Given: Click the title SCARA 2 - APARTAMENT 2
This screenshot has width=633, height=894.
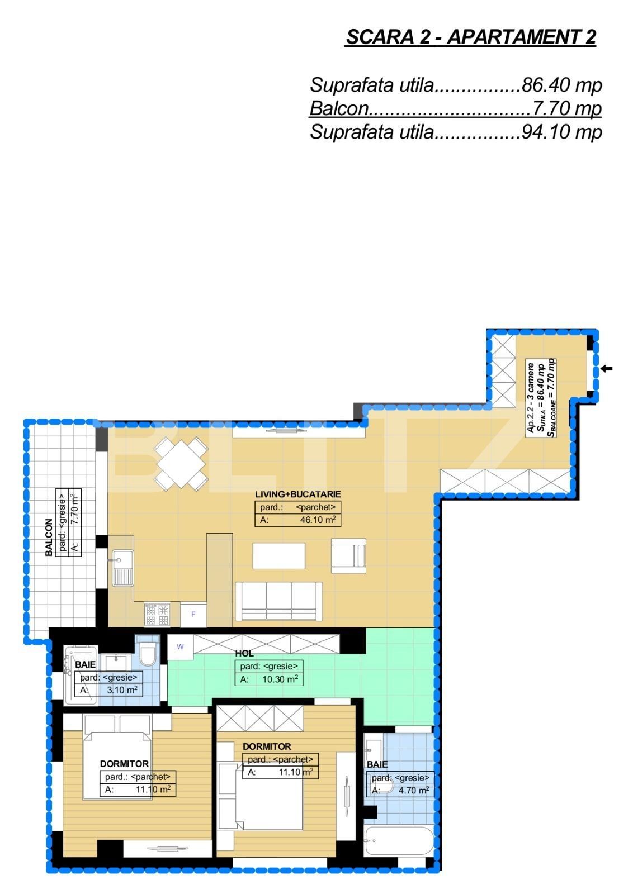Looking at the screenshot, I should [471, 37].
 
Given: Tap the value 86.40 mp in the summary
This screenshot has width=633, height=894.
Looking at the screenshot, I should [561, 85].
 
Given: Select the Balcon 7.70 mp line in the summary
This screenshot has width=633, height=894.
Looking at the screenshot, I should [455, 108].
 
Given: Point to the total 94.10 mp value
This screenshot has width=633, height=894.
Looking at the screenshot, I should [561, 132].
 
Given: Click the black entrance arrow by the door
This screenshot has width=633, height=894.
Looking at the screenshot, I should [607, 369].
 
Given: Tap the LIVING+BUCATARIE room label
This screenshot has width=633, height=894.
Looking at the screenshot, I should [297, 494].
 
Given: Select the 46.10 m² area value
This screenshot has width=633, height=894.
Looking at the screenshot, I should [318, 520].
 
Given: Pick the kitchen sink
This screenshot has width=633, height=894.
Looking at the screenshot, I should [122, 567].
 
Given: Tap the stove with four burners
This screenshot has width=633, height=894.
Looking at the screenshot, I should [157, 615].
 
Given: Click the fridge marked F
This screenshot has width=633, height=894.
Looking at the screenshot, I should [193, 615].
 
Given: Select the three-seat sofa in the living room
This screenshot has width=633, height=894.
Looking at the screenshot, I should [278, 601].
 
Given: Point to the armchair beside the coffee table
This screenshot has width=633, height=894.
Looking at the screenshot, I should [348, 556].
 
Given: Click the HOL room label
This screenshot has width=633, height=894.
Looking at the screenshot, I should [244, 653].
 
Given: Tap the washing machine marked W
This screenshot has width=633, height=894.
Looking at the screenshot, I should [180, 647].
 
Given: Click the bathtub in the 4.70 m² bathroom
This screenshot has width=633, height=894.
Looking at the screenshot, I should [398, 840].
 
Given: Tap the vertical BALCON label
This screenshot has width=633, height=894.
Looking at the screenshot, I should [49, 537].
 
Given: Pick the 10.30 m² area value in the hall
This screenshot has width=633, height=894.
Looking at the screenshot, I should [280, 679].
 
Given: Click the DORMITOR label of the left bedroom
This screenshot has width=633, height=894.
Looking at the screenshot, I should [124, 764].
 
